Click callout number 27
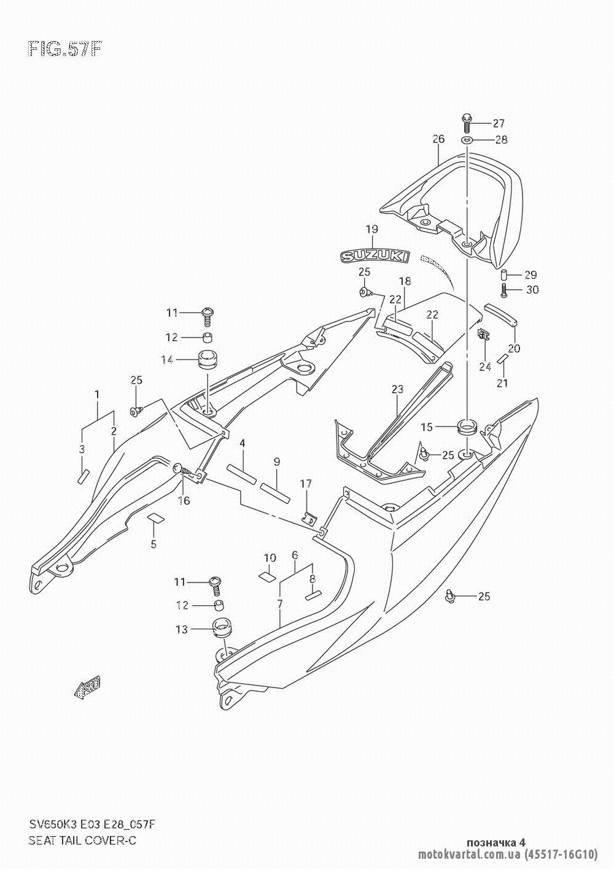point(498,122)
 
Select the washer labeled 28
point(467,140)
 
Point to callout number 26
point(438,139)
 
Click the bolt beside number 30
point(504,289)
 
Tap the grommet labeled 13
point(219,630)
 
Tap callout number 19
point(371,229)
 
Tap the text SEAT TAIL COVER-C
point(82,840)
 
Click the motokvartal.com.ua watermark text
point(469,854)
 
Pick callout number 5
point(153,543)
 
